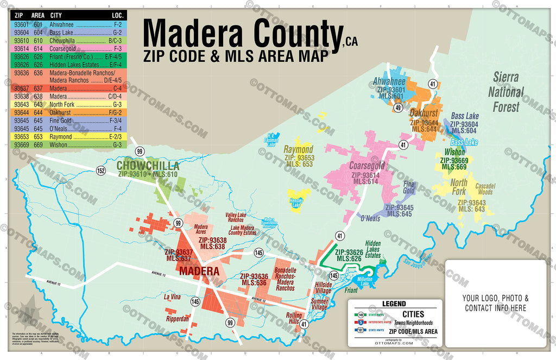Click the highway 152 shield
click(101, 171)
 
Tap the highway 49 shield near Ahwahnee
click(398, 108)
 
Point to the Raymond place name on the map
click(299, 149)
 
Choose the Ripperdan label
click(176, 319)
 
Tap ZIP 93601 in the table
click(21, 24)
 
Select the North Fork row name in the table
click(61, 104)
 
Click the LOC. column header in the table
click(118, 15)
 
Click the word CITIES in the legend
click(413, 314)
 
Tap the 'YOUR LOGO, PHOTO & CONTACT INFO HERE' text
click(495, 303)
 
